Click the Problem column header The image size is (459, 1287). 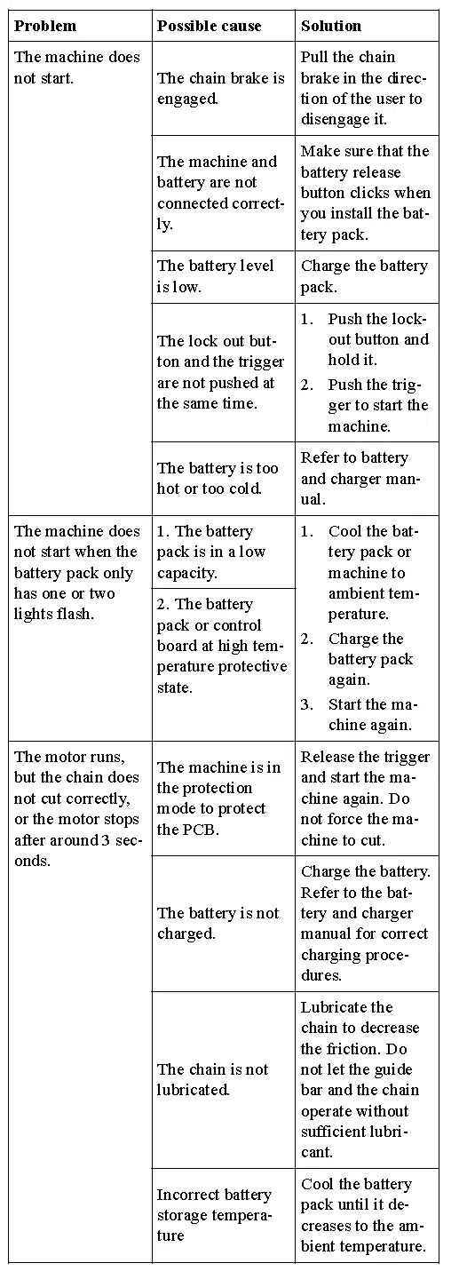(45, 26)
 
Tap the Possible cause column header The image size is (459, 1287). (210, 26)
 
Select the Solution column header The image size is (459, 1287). (331, 26)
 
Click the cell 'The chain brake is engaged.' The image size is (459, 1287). (220, 88)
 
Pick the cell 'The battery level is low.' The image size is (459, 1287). (216, 276)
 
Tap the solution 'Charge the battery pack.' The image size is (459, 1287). (364, 276)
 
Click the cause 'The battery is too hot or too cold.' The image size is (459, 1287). (218, 479)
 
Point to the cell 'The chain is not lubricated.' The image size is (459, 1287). (212, 1079)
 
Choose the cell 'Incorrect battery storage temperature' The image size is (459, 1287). (214, 1215)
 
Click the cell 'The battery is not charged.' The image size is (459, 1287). (218, 923)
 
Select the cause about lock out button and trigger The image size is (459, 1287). (220, 372)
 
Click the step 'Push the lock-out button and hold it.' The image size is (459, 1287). (377, 339)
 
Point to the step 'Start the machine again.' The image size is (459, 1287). (370, 714)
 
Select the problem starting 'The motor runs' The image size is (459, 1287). (78, 808)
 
